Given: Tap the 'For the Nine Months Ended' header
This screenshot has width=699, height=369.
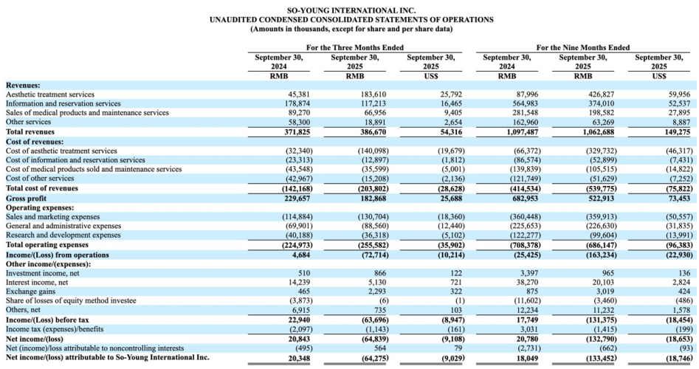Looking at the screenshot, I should point(582,47).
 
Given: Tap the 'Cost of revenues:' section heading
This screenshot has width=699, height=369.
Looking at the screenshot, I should point(35,141).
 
